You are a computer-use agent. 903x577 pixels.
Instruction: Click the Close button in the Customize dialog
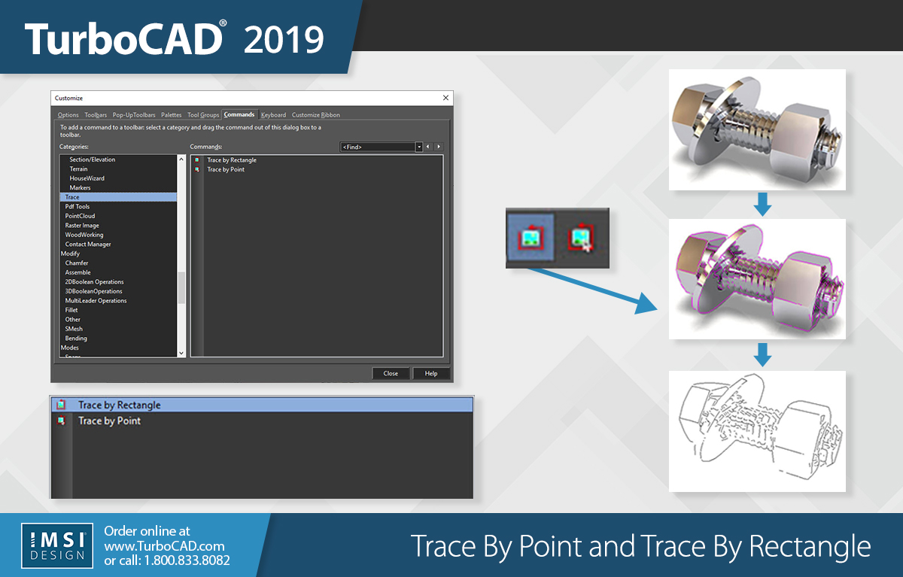[391, 374]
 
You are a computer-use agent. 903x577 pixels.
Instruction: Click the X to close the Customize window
[445, 98]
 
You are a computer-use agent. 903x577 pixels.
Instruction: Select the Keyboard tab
[273, 115]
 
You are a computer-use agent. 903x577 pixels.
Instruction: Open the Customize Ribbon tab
[315, 115]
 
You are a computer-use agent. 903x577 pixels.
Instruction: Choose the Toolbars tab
[96, 115]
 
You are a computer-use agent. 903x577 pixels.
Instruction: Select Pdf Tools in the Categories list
[78, 207]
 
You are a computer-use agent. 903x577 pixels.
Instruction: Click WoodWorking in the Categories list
[84, 235]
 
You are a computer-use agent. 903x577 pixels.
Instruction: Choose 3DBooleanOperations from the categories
[93, 291]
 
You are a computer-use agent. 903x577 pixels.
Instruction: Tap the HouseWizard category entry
[87, 178]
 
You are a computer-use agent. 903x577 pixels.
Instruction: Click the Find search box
[378, 147]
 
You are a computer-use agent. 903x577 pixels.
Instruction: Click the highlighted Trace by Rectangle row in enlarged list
[262, 405]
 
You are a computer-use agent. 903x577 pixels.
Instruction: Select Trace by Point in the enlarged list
[109, 421]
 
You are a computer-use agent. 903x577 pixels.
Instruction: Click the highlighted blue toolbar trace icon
[531, 238]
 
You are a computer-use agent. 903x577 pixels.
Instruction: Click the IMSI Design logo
[57, 545]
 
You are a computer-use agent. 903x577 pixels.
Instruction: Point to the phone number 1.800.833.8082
[187, 560]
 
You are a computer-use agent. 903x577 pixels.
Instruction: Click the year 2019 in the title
[284, 39]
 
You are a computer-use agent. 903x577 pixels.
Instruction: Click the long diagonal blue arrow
[593, 291]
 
